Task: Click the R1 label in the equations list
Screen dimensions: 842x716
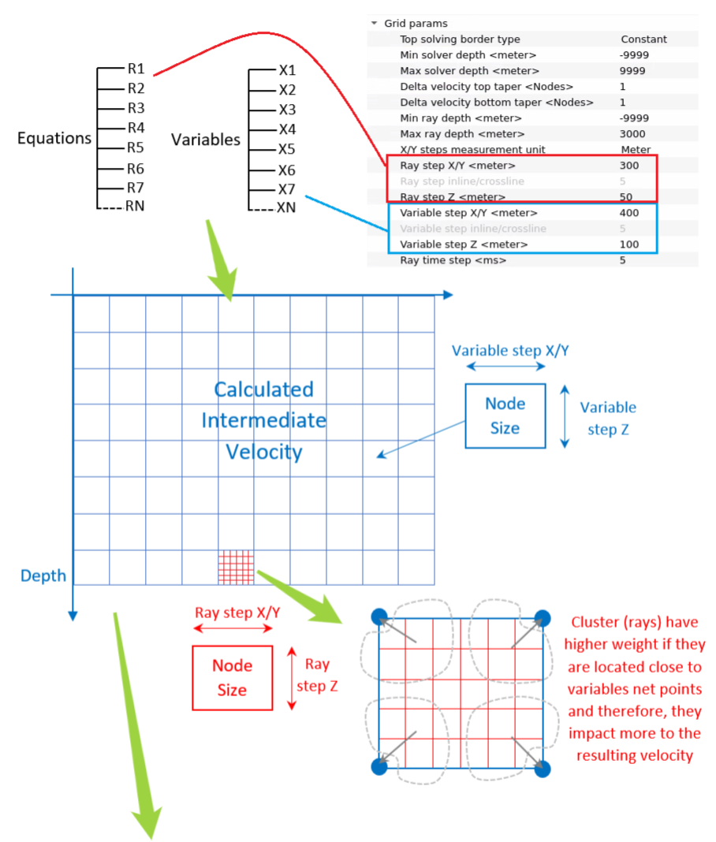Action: (x=136, y=69)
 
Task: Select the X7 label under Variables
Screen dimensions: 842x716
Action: (x=287, y=189)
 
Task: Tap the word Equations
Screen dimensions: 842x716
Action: (x=54, y=139)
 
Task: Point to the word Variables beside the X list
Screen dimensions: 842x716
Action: (x=206, y=140)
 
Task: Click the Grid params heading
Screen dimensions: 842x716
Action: (x=416, y=24)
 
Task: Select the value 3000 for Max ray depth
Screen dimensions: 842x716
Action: (x=632, y=134)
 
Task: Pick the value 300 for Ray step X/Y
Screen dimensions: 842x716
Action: (x=629, y=166)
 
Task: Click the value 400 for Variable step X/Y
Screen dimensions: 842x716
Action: (x=629, y=213)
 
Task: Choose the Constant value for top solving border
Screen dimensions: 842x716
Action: (x=643, y=39)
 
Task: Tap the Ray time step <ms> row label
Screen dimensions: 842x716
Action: (x=453, y=260)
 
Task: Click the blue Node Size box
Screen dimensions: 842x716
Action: (x=505, y=415)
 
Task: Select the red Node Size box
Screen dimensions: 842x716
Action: (x=232, y=677)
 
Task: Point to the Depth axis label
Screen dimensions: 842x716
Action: (x=43, y=576)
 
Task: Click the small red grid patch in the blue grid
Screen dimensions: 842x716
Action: (x=236, y=568)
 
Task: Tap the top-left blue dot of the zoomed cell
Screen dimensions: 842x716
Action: (x=379, y=616)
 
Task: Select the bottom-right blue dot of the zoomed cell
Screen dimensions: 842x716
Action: (x=542, y=768)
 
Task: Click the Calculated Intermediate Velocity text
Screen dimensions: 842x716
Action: (x=263, y=420)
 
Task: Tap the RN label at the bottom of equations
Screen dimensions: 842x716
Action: (x=135, y=207)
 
